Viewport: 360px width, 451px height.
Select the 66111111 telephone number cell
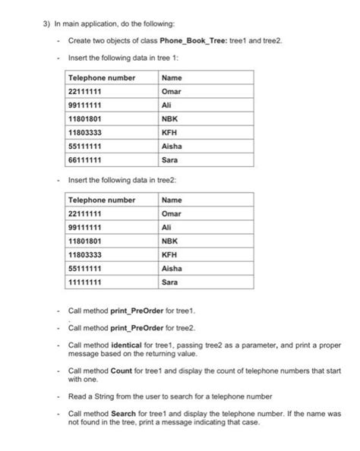[89, 160]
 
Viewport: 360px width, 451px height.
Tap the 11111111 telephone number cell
[89, 282]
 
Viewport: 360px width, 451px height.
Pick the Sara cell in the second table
[170, 282]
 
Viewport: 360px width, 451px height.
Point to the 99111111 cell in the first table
[89, 106]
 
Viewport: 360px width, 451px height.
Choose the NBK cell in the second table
[170, 241]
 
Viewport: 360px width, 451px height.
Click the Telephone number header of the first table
[102, 78]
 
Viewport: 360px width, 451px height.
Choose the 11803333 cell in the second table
[89, 255]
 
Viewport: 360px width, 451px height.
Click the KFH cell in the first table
[171, 133]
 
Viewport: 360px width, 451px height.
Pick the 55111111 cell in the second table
[89, 269]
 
